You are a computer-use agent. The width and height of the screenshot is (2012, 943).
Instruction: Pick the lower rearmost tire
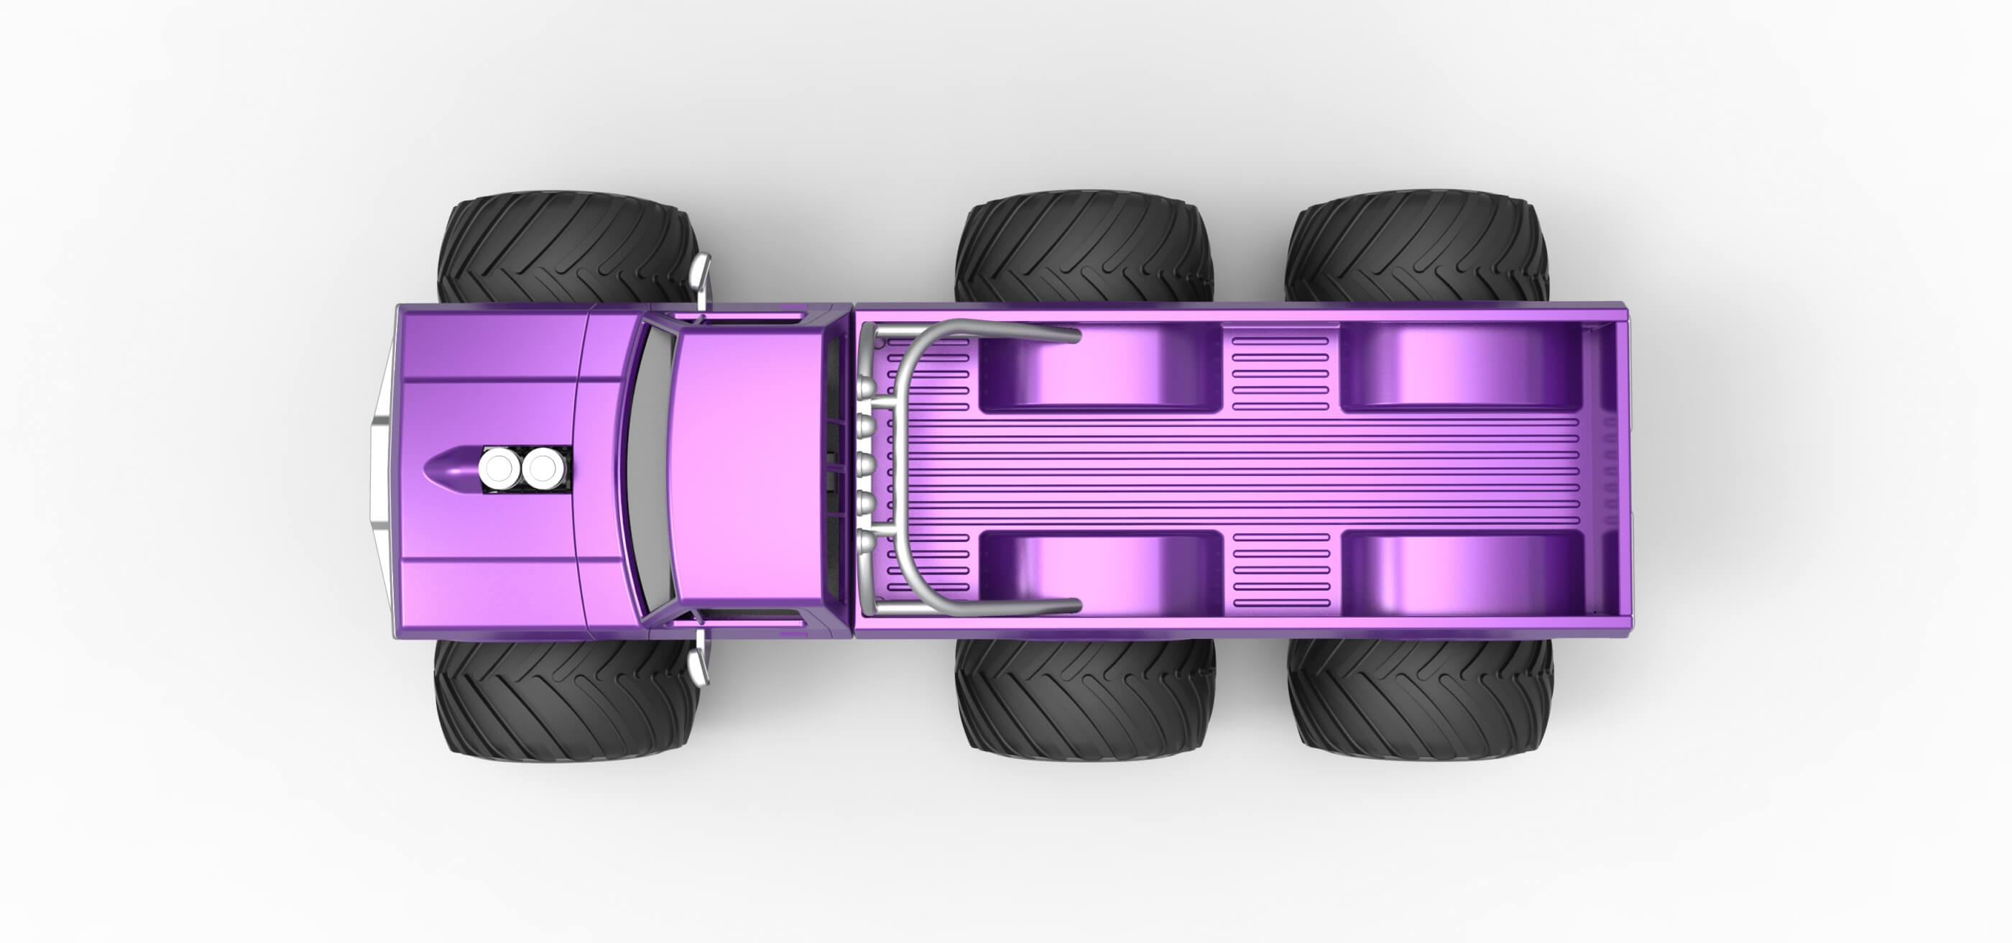tap(1420, 699)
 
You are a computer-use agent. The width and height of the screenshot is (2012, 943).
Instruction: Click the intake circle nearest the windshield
tap(543, 469)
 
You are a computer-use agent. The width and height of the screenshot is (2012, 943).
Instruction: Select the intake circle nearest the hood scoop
tap(497, 469)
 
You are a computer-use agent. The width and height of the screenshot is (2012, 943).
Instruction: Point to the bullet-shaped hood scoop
tap(449, 469)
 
